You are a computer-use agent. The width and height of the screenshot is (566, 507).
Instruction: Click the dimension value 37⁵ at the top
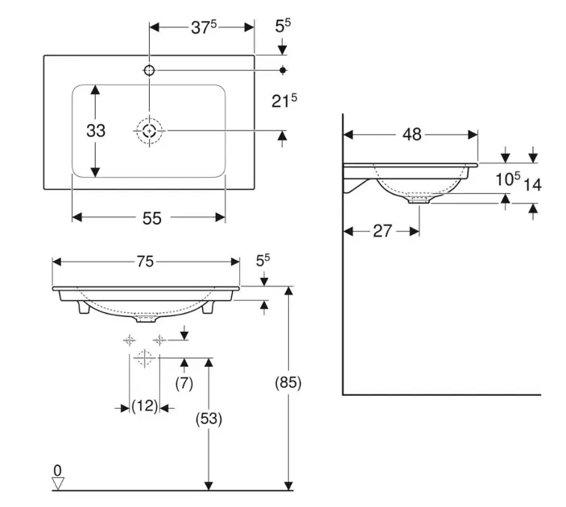[x=203, y=27]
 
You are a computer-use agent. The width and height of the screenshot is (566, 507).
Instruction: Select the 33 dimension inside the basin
[x=96, y=130]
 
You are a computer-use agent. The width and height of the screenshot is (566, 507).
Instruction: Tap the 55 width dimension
[x=152, y=217]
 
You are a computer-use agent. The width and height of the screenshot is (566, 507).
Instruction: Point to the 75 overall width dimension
[x=146, y=262]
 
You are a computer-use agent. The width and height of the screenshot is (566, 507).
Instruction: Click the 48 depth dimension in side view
[x=411, y=134]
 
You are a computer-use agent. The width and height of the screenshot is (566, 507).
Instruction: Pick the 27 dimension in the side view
[x=382, y=231]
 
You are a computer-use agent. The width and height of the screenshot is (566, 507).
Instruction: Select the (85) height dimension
[x=288, y=383]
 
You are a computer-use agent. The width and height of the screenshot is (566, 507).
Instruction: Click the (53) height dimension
[x=209, y=418]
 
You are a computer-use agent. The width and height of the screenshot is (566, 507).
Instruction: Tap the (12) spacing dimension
[x=145, y=407]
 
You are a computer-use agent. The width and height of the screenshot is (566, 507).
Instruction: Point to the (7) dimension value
[x=184, y=383]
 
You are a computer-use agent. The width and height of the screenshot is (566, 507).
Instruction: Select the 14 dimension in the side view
[x=532, y=184]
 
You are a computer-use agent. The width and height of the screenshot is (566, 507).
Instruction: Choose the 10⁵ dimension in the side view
[x=506, y=179]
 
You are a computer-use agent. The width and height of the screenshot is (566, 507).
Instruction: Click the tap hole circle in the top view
[x=149, y=71]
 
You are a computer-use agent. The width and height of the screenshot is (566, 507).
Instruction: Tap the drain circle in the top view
[x=149, y=130]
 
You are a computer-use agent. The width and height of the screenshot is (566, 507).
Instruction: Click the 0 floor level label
[x=57, y=469]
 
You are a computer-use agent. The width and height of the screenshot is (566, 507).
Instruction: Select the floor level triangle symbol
[x=57, y=483]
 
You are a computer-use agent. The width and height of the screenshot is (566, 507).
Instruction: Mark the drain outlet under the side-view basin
[x=420, y=200]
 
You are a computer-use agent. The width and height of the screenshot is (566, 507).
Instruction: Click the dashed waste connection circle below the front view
[x=144, y=359]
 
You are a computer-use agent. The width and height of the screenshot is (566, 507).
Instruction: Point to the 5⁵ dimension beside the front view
[x=263, y=261]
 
